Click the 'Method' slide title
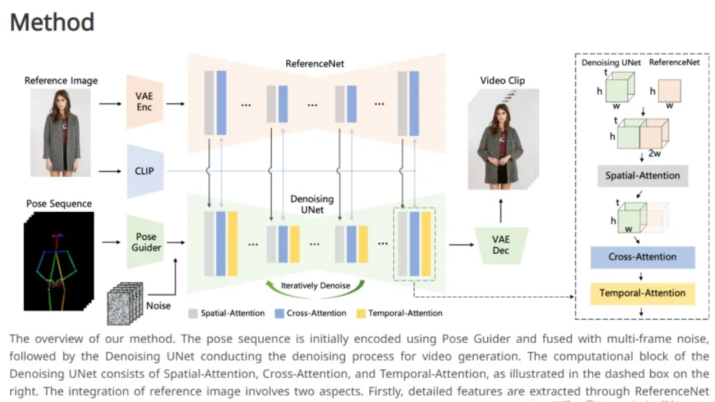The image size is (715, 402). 52,22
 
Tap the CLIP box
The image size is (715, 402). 144,171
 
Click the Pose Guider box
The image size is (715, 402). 145,241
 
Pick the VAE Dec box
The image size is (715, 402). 501,245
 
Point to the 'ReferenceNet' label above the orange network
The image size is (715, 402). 314,64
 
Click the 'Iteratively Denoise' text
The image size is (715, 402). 316,285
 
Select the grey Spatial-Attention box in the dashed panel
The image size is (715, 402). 642,176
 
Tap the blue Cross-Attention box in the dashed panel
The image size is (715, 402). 642,257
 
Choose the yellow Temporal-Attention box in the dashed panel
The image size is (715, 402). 642,293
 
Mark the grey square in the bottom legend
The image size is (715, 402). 194,314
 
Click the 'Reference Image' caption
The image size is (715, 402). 61,80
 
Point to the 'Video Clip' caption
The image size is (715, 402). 502,80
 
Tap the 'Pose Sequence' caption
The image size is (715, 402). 59,204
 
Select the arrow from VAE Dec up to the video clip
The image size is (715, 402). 500,209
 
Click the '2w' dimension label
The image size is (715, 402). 655,154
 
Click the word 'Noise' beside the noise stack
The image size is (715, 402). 159,305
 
